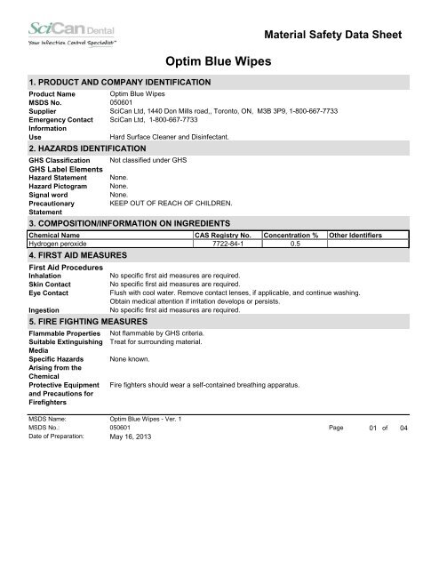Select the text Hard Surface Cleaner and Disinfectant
[x=169, y=136]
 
